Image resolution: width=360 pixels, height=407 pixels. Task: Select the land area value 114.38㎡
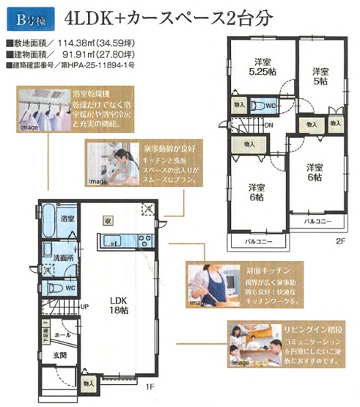click(85, 43)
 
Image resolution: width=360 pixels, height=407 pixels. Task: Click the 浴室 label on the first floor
click(67, 219)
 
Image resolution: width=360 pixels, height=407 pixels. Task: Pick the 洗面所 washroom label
click(63, 258)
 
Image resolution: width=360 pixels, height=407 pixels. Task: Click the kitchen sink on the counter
click(114, 240)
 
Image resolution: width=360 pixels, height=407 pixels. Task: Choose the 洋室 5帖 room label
click(319, 76)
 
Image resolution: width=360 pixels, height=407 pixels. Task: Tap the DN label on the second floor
click(270, 125)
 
